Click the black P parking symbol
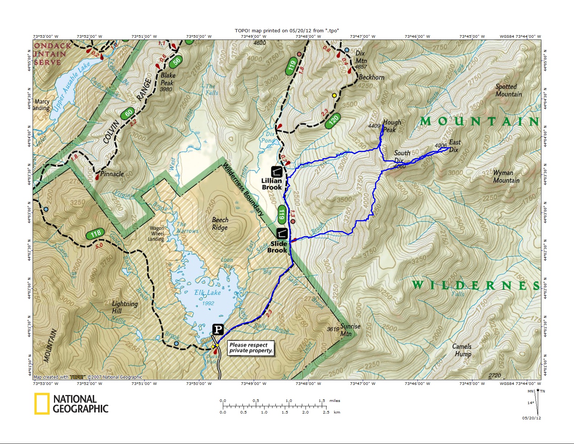coord(218,329)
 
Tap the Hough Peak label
coord(392,126)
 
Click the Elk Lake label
coord(207,293)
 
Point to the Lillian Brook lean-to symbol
coord(276,172)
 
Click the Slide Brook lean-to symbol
coord(282,234)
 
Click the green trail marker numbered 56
coord(176,61)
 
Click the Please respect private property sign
coord(250,348)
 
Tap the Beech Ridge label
coord(220,223)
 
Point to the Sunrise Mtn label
coord(348,330)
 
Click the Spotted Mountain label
coord(508,90)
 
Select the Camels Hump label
coord(462,350)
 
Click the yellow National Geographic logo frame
coord(42,404)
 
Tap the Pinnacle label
coord(112,174)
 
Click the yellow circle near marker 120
coord(334,95)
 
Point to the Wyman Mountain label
coord(506,176)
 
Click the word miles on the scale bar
coord(334,401)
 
